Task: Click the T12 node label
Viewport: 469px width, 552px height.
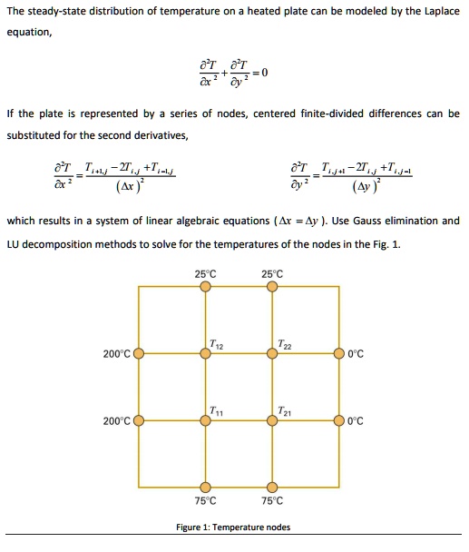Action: pos(217,342)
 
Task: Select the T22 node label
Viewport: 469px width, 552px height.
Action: pos(286,342)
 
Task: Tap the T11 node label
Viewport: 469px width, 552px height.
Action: pos(217,410)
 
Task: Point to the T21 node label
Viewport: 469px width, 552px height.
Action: pos(286,410)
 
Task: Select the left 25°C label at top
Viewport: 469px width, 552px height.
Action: pos(206,273)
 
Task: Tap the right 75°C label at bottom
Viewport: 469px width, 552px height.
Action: pos(272,500)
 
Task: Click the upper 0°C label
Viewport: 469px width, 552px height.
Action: pos(355,353)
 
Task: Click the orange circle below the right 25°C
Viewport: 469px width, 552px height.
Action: pos(272,287)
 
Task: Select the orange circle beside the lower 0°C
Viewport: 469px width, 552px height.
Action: pos(339,421)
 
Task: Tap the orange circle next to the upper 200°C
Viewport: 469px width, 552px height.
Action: pos(139,353)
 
